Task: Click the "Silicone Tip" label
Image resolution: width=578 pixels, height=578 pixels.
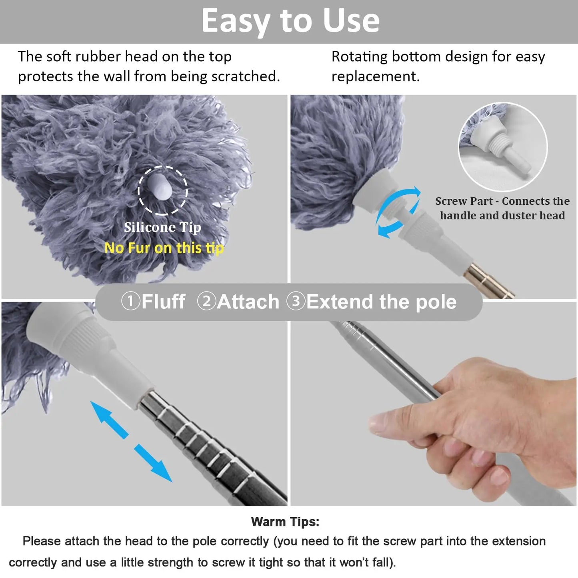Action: (162, 227)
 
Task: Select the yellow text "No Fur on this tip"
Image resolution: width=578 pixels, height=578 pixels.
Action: (164, 248)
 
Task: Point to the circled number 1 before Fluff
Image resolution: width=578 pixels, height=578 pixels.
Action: (130, 301)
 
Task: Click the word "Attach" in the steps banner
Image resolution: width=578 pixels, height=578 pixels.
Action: (248, 302)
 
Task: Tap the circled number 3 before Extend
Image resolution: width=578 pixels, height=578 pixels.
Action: (296, 301)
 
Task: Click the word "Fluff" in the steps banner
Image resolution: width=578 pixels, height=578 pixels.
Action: (164, 302)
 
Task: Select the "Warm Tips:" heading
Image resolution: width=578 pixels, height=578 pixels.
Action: (285, 522)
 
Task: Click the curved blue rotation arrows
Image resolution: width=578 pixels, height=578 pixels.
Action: (398, 212)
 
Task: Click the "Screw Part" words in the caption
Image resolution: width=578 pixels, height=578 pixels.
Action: (464, 201)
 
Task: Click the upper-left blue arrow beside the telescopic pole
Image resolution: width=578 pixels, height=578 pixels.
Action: (109, 420)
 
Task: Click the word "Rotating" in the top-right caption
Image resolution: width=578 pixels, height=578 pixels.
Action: (359, 57)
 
